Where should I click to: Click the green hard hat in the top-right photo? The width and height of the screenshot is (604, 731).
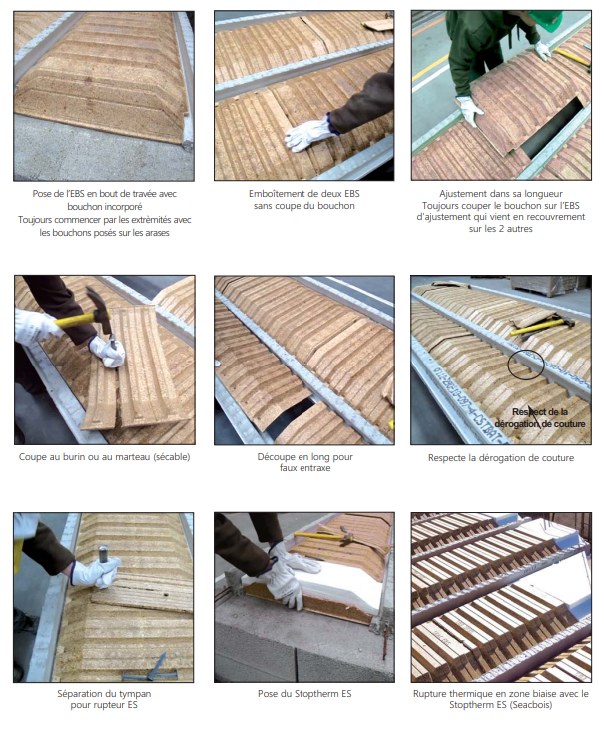pyautogui.click(x=548, y=18)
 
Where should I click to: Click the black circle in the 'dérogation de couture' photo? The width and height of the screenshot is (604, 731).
pyautogui.click(x=526, y=365)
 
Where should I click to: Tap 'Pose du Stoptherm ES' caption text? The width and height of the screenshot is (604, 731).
pyautogui.click(x=304, y=694)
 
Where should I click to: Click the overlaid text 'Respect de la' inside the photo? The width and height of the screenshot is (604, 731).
pyautogui.click(x=540, y=412)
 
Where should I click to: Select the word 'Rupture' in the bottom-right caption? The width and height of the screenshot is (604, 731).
pyautogui.click(x=428, y=694)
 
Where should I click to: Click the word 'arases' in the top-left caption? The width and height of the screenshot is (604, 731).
pyautogui.click(x=156, y=232)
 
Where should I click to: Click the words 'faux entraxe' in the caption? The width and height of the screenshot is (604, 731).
pyautogui.click(x=304, y=468)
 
